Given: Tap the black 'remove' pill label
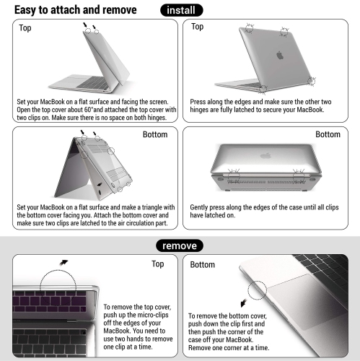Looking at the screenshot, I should click(x=180, y=245).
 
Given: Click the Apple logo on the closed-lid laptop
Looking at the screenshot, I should click(x=281, y=54).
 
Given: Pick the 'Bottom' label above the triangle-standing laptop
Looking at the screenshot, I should click(x=155, y=134).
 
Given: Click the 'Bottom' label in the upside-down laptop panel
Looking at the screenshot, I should click(x=328, y=134).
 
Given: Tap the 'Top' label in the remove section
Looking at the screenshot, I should click(x=158, y=264).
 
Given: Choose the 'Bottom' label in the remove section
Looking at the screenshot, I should click(x=202, y=265).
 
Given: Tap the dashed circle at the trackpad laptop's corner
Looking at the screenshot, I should click(x=261, y=293).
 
